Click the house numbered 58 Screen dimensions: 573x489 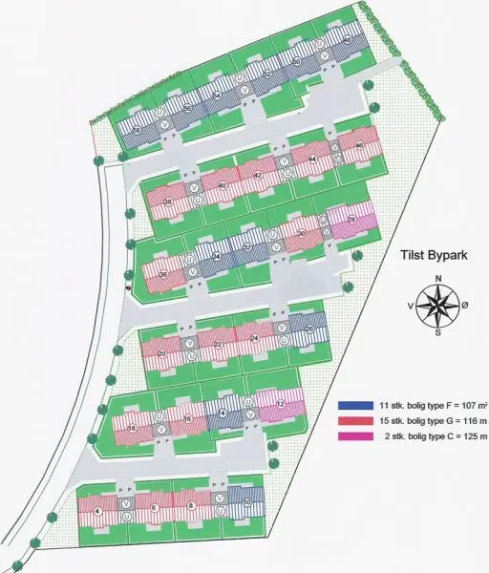coord(138,129)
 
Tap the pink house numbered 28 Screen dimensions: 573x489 coord(351,221)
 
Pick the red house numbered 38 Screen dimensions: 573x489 coord(168,202)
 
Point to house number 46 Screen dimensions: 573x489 coord(358,146)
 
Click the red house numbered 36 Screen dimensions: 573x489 coord(163,275)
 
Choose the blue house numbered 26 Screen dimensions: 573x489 coord(308,329)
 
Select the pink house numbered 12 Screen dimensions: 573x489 coord(280,404)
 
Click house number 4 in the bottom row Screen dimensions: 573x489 coord(99,511)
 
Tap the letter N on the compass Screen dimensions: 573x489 coord(438,278)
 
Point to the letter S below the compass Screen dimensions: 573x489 coord(438,333)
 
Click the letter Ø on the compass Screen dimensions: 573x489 coord(466,306)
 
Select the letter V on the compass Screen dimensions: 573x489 coord(411,306)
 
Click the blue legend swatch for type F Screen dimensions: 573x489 coord(348,405)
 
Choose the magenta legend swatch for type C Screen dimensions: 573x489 coord(348,436)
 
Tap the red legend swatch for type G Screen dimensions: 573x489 coord(348,420)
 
